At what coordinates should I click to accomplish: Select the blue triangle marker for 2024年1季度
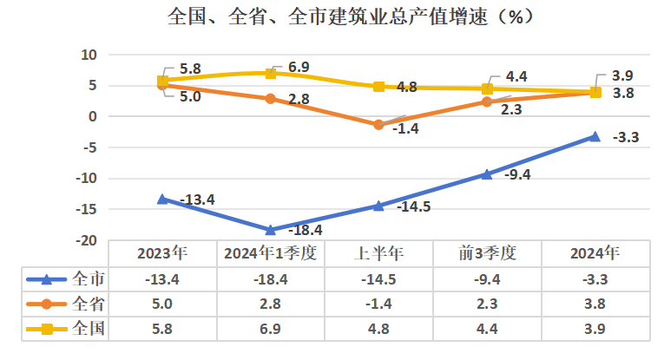point(271,230)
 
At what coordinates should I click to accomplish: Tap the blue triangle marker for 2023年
point(162,199)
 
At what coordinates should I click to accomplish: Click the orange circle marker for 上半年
point(378,125)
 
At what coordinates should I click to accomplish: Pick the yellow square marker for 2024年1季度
point(271,74)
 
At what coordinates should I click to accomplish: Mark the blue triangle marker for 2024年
point(595,136)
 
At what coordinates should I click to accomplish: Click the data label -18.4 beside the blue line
point(305,230)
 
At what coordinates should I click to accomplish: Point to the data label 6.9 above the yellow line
point(298,66)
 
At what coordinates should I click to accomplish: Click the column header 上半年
point(378,253)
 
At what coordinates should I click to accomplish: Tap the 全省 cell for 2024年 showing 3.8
point(595,304)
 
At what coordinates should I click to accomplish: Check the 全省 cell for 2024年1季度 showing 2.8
point(271,304)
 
